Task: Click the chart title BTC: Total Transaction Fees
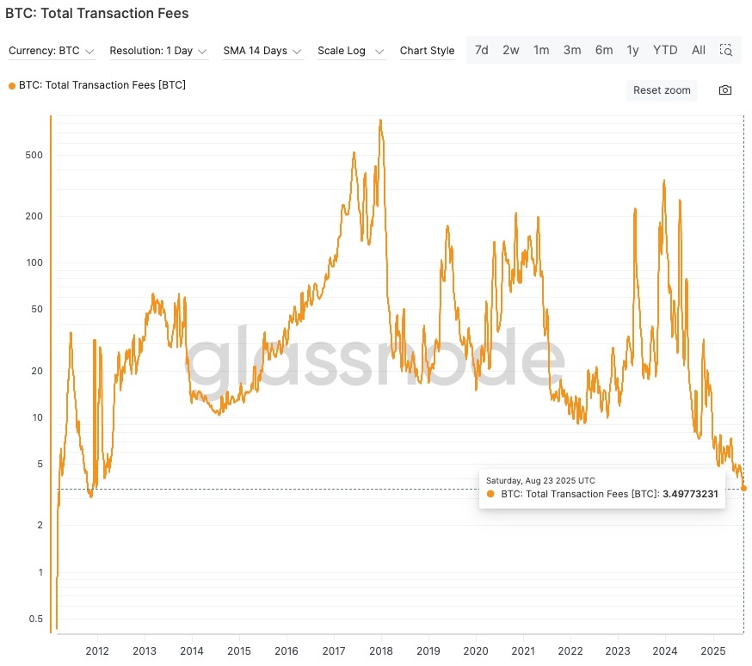[x=96, y=14]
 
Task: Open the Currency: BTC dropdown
[x=51, y=51]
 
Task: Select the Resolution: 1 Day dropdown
[x=158, y=51]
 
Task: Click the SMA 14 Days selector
[x=262, y=51]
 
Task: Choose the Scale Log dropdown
[x=350, y=51]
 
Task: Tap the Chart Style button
[x=427, y=51]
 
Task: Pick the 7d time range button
[x=482, y=50]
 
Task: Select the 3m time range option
[x=572, y=50]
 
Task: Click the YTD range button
[x=665, y=50]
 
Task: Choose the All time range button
[x=699, y=50]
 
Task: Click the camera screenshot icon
[x=725, y=90]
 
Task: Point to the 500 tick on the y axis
[x=34, y=155]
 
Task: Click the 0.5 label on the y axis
[x=35, y=619]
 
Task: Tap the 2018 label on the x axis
[x=381, y=651]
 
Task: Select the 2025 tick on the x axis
[x=713, y=651]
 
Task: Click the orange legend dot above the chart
[x=11, y=85]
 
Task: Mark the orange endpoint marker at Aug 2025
[x=743, y=488]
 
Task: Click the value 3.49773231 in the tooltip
[x=689, y=494]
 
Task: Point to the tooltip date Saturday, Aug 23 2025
[x=540, y=480]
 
